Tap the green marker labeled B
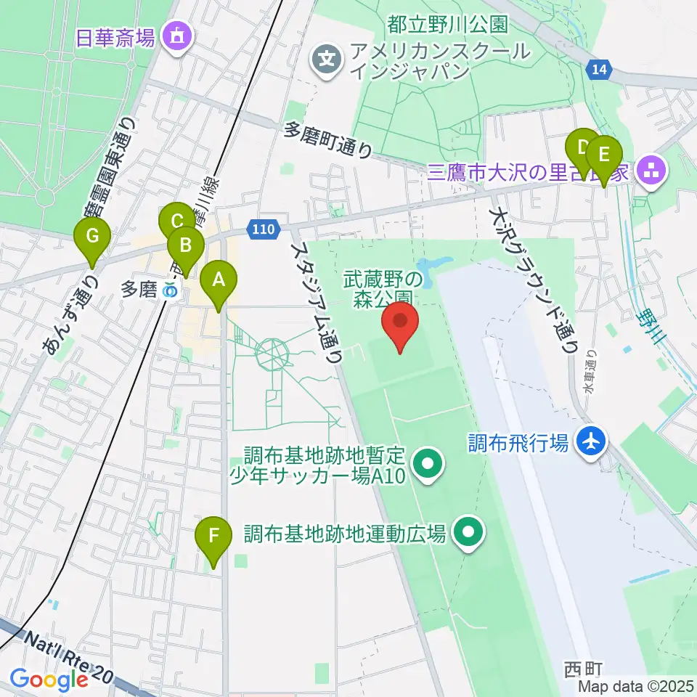(185, 248)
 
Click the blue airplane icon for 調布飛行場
(592, 441)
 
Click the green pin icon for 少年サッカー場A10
(427, 463)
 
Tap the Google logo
(49, 679)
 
